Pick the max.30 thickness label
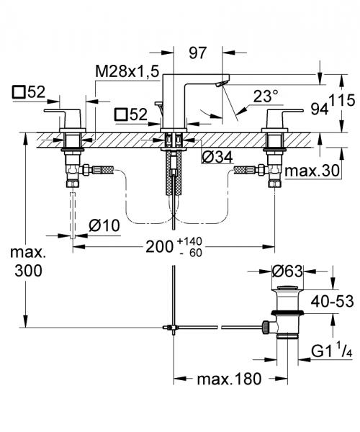coord(310,171)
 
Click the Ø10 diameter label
coord(104,225)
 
